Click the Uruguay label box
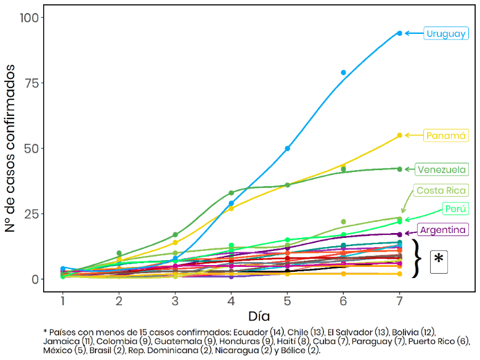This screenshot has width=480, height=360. point(445,34)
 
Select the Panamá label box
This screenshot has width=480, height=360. point(445,136)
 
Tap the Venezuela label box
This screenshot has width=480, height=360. point(441,170)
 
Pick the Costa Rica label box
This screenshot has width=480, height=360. point(441,190)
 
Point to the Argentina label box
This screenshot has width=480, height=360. point(443,230)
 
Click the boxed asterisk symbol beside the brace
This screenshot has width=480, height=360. point(439,261)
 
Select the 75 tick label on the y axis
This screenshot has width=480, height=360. point(31,83)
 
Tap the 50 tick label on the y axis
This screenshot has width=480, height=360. point(31,149)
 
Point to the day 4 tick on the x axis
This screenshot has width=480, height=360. point(231,300)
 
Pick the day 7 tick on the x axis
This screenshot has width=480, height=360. point(399,300)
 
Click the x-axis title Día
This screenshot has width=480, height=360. point(259,316)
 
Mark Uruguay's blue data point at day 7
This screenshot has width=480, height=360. point(399,33)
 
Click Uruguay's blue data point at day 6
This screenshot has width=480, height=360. point(343,73)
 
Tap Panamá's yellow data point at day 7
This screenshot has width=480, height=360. point(399,136)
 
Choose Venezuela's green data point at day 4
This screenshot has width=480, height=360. point(231,193)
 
